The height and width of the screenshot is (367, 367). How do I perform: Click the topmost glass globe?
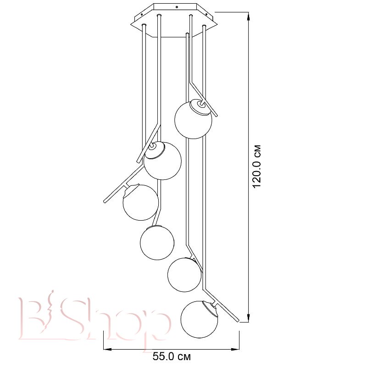click(x=193, y=120)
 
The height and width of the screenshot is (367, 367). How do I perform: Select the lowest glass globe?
click(x=199, y=319)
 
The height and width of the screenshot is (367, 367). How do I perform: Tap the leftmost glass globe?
click(x=141, y=202)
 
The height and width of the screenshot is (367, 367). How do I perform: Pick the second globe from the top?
click(x=162, y=161)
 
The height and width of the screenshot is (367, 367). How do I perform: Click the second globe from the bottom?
click(x=184, y=275)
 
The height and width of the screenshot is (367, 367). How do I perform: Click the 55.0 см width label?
click(x=172, y=357)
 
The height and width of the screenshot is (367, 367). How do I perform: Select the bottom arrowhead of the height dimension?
click(x=249, y=318)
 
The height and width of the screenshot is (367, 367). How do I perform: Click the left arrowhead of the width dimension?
click(x=107, y=350)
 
